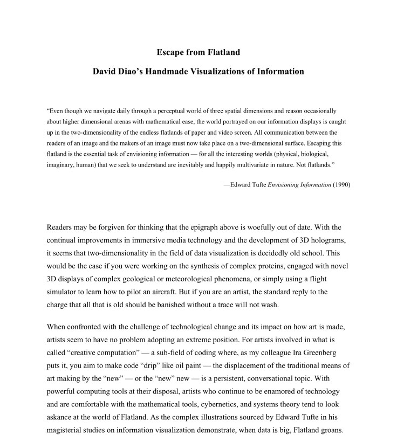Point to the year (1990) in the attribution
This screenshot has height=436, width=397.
(x=341, y=185)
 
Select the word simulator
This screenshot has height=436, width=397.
(x=65, y=292)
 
